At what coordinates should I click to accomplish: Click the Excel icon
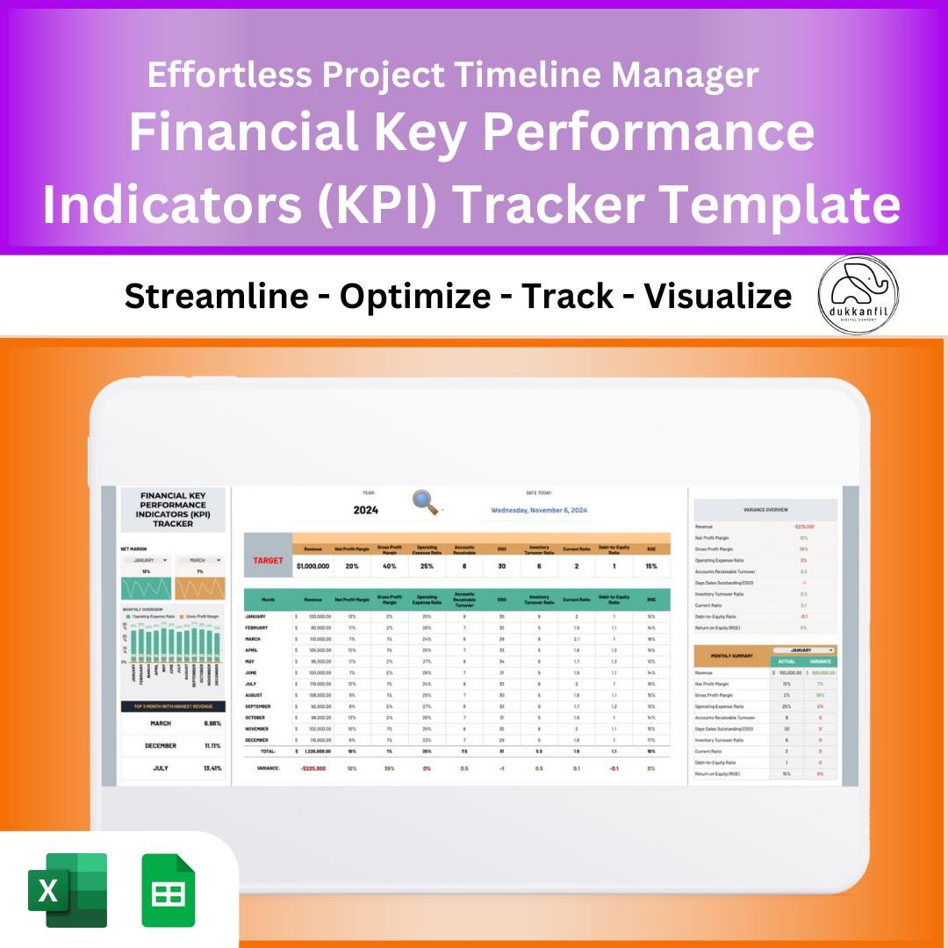tap(68, 890)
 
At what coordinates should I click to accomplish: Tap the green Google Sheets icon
tap(169, 890)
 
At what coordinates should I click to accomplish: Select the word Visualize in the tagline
tap(718, 297)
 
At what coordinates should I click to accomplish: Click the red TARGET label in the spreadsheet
tap(268, 560)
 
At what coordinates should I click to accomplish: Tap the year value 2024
tap(365, 510)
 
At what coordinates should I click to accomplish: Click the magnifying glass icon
tap(426, 502)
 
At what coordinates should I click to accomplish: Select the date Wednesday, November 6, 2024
tap(539, 510)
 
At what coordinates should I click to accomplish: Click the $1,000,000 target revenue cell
tap(313, 566)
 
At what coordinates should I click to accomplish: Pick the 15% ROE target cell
tap(650, 566)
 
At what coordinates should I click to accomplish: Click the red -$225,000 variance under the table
tap(313, 767)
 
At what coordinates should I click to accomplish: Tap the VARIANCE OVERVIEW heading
tap(765, 509)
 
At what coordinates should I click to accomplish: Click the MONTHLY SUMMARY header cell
tap(731, 656)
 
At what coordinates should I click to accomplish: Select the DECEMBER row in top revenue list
tap(161, 745)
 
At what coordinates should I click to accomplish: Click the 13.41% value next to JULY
tap(212, 767)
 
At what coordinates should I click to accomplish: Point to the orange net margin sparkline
tap(199, 587)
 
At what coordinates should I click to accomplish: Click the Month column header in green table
tap(268, 600)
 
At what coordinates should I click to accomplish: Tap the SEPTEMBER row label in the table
tap(259, 707)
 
